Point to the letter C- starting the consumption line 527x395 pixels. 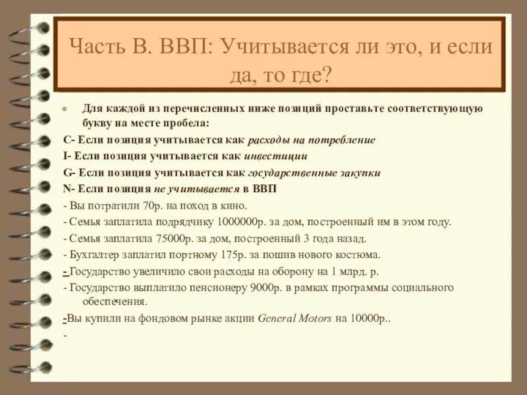[69, 140]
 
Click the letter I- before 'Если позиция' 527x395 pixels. [67, 156]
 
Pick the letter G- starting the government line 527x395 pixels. [69, 172]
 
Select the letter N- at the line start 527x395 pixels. [69, 188]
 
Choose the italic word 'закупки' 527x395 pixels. [358, 172]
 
